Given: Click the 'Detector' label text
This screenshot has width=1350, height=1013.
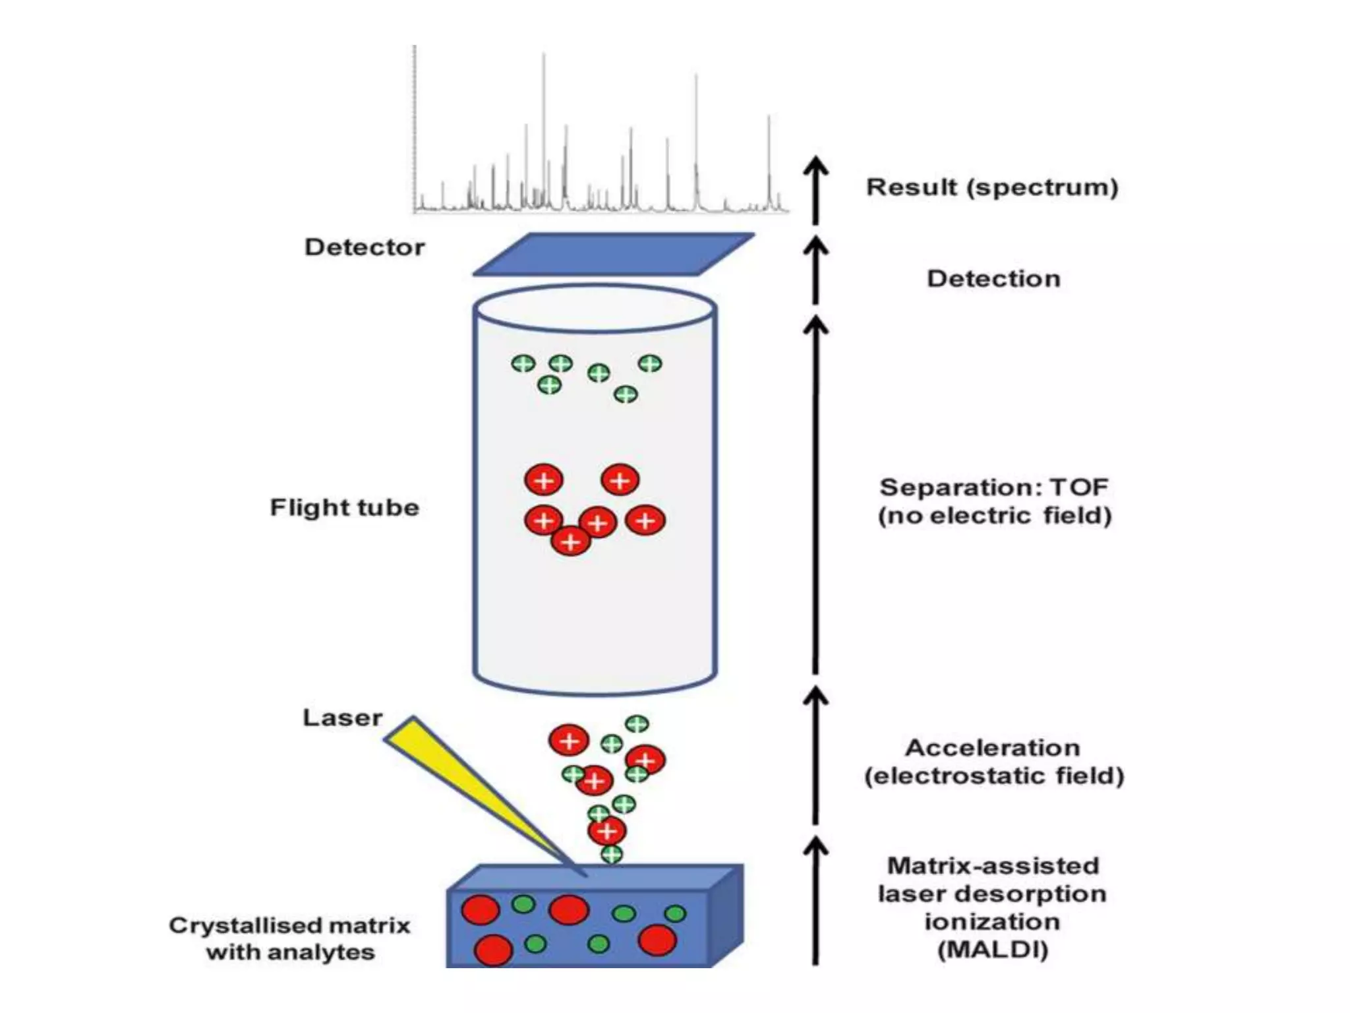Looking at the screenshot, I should pyautogui.click(x=365, y=247).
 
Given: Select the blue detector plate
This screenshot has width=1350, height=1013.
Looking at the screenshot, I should pyautogui.click(x=613, y=255).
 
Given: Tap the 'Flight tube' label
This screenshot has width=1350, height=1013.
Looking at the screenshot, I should pyautogui.click(x=345, y=507).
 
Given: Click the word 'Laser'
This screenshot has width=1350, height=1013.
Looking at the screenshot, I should pyautogui.click(x=342, y=718).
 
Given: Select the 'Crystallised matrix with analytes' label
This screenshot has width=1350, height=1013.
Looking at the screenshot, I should pyautogui.click(x=290, y=938).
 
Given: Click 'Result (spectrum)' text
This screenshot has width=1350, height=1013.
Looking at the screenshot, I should pyautogui.click(x=992, y=187).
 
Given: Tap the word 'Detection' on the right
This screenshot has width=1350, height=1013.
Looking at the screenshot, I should pyautogui.click(x=994, y=278).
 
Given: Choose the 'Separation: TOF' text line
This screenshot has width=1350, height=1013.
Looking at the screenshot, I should pyautogui.click(x=994, y=487).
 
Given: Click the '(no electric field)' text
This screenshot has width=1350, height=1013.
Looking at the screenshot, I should pyautogui.click(x=994, y=515).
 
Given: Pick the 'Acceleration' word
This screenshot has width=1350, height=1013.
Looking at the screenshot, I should pyautogui.click(x=993, y=748).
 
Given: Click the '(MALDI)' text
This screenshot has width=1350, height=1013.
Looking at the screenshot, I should pyautogui.click(x=993, y=950).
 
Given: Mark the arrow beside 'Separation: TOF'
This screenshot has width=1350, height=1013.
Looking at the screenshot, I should pyautogui.click(x=815, y=495).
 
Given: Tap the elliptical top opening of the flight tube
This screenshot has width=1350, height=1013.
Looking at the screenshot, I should pyautogui.click(x=595, y=309).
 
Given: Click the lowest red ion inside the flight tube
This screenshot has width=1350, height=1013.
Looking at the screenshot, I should pyautogui.click(x=570, y=542).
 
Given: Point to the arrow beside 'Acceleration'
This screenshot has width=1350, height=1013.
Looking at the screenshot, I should pyautogui.click(x=815, y=755).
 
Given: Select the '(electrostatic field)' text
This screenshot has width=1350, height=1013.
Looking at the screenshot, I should pyautogui.click(x=994, y=776).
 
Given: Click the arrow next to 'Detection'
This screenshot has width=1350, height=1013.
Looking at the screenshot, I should pyautogui.click(x=815, y=270).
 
